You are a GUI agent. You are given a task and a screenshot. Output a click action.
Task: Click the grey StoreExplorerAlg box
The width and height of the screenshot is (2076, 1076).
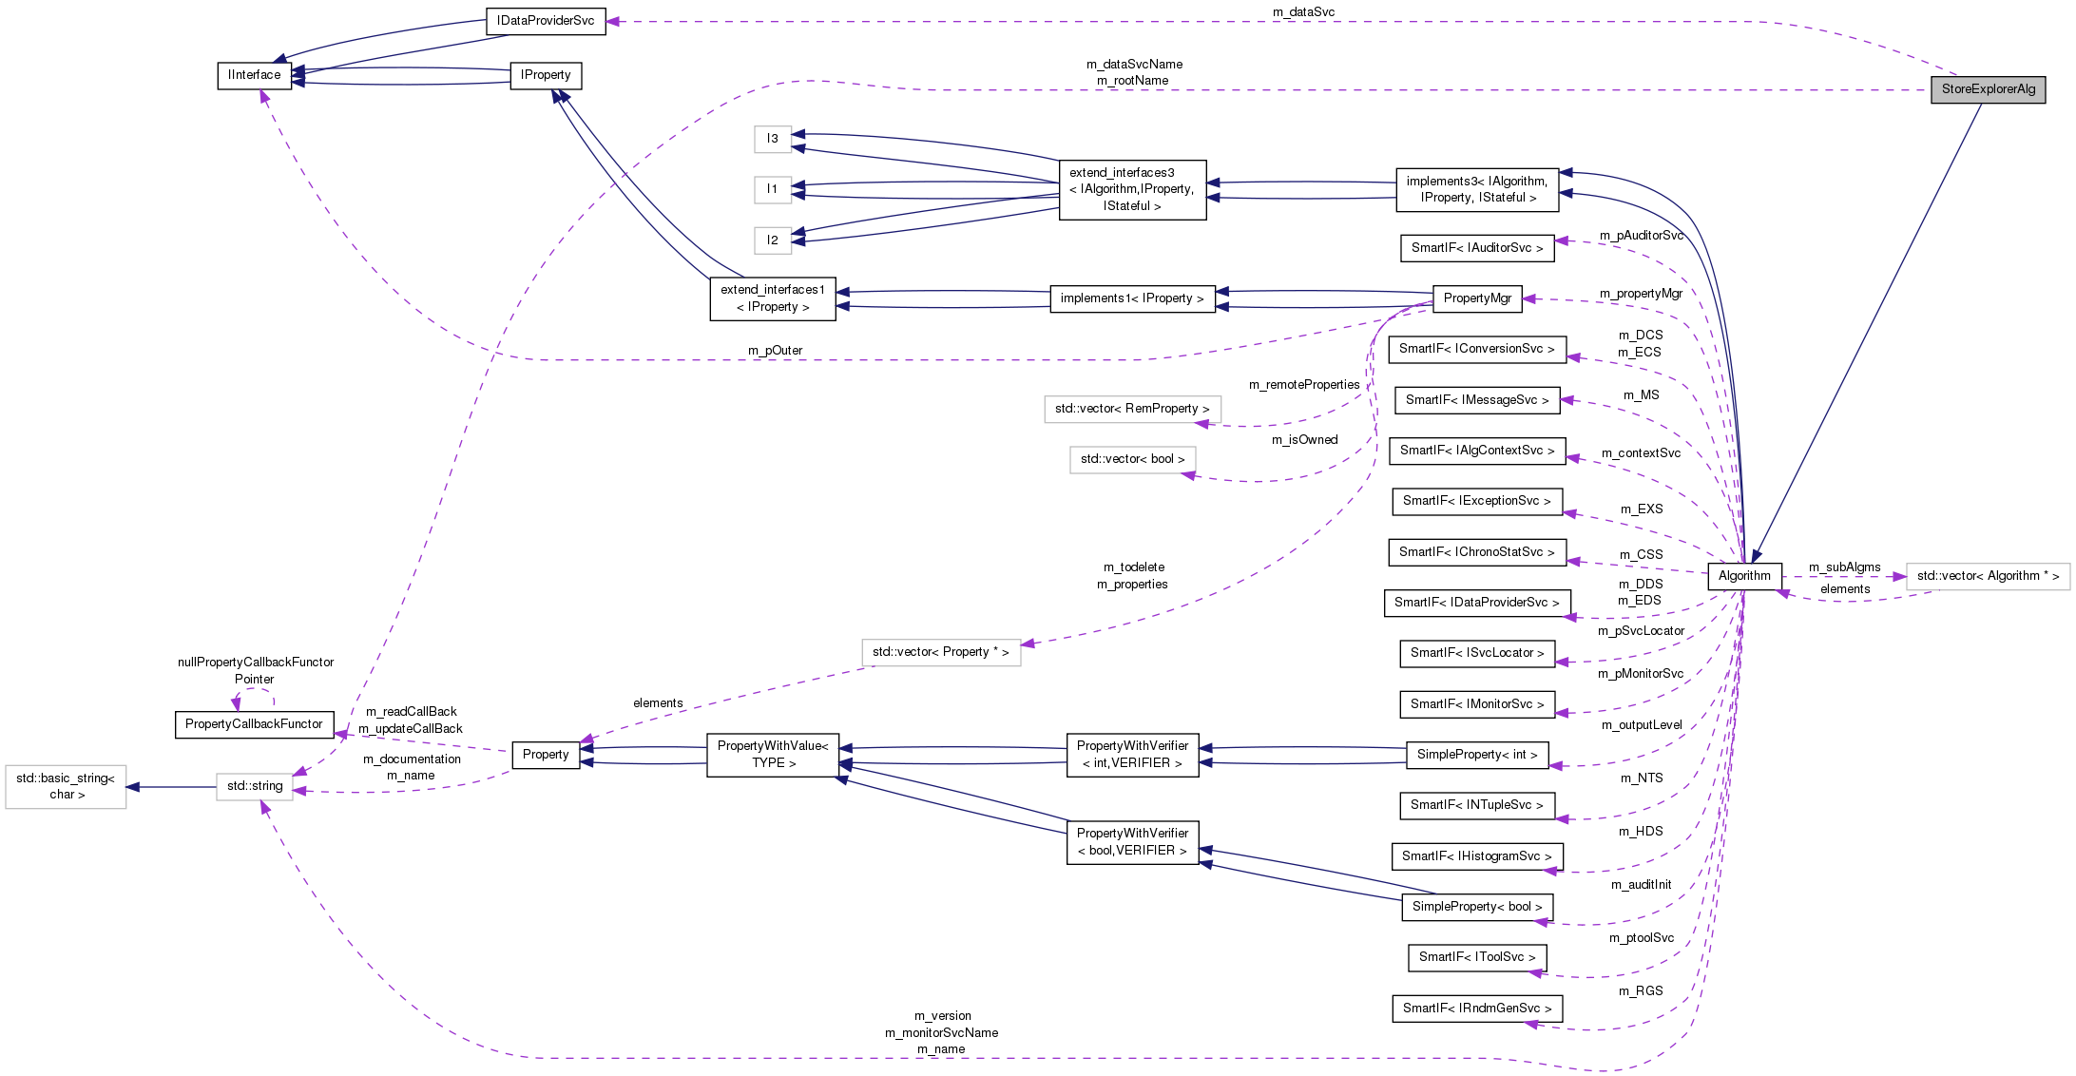[1988, 89]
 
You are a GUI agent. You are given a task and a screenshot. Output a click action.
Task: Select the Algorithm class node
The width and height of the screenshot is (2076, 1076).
[1744, 576]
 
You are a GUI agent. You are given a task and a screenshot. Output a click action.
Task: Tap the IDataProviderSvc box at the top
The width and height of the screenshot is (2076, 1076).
[546, 21]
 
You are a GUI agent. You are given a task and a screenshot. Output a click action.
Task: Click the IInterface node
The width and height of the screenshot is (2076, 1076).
[254, 75]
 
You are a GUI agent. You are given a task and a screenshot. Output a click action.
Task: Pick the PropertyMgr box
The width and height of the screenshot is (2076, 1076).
[1476, 298]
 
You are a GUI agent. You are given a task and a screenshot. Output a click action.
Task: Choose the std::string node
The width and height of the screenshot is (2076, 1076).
[255, 786]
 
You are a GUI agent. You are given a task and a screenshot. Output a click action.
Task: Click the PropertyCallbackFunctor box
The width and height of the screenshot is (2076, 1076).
[254, 724]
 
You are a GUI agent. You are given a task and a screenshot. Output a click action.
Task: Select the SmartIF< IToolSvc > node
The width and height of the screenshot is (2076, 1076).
[1476, 957]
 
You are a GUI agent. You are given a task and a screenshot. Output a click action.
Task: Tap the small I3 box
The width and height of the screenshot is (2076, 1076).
[773, 139]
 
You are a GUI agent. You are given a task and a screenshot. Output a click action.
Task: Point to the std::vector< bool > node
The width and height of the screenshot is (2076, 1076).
[1132, 459]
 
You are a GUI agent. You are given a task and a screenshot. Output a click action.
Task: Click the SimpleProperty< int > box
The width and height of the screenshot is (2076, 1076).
[1476, 755]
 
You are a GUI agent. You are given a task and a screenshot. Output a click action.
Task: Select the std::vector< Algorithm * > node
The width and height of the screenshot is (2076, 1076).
[1987, 576]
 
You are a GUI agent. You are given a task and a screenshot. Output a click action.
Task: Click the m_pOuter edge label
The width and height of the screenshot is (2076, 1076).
[775, 351]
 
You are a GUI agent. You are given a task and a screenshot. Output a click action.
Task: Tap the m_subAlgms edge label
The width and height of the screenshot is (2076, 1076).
[1844, 567]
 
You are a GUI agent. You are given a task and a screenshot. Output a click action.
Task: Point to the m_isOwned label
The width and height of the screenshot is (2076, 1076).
[1304, 440]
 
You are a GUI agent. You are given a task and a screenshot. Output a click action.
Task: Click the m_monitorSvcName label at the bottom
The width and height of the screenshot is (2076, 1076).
[941, 1033]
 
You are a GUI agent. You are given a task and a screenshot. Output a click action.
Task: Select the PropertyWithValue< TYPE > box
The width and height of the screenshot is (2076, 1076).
[773, 755]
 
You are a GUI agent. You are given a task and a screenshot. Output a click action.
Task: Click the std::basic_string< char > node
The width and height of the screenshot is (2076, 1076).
[66, 786]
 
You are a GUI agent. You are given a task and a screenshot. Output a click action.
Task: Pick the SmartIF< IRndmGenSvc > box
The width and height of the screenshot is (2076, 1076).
[1476, 1009]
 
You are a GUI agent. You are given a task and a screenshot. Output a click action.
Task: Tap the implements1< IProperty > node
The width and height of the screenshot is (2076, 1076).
[1131, 298]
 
